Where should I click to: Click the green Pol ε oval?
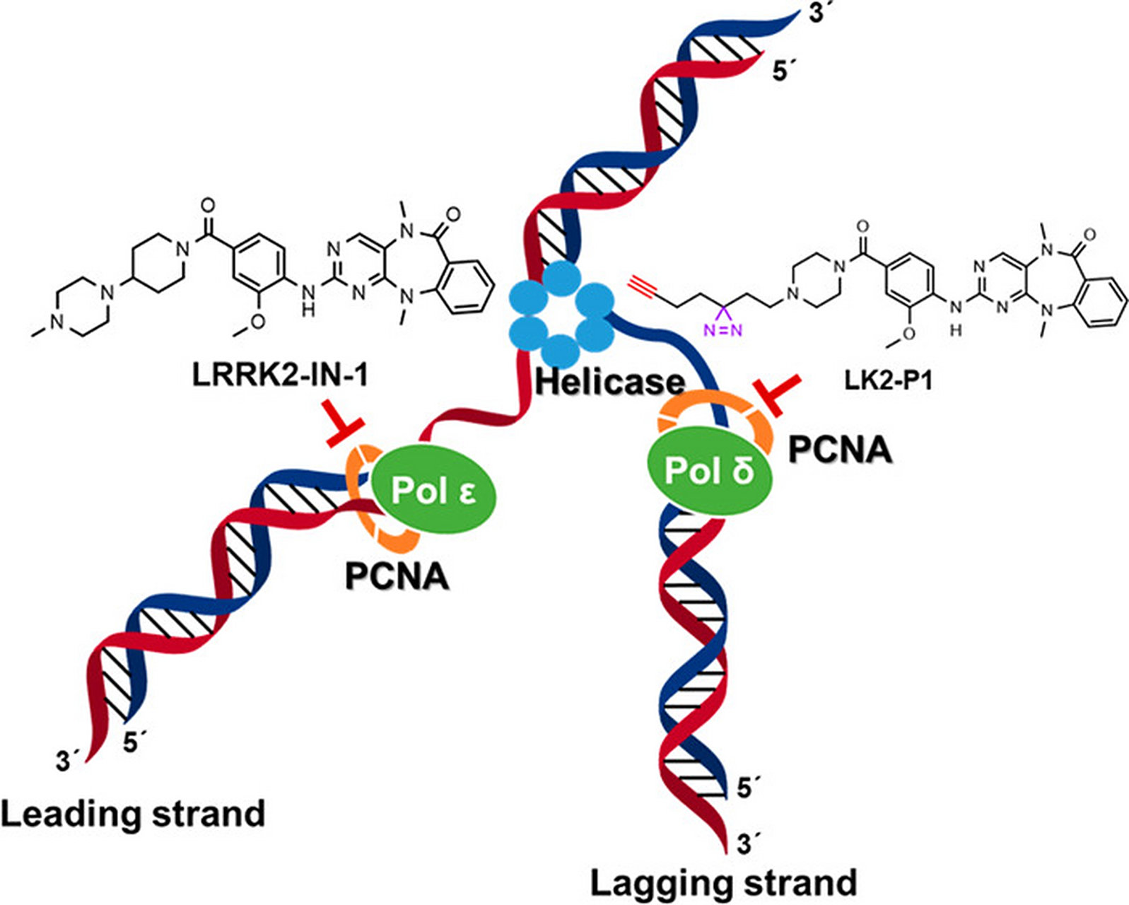click(433, 490)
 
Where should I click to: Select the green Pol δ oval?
click(709, 469)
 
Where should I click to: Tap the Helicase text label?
click(609, 381)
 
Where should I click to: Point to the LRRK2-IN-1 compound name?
click(280, 375)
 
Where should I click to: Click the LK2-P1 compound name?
click(888, 381)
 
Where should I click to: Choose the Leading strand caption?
click(132, 814)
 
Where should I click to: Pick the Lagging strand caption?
click(723, 883)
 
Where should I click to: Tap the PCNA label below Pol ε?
click(397, 576)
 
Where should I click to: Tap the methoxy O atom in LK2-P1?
click(909, 332)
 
